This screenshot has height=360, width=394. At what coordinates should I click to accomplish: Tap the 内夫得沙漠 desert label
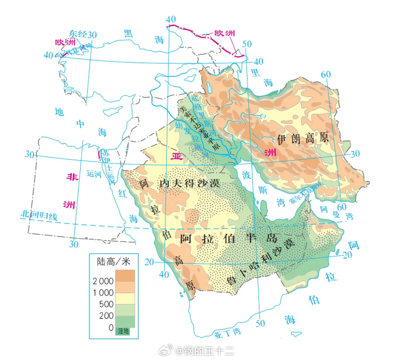point(188,183)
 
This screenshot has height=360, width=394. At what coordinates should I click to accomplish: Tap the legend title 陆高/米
point(114,261)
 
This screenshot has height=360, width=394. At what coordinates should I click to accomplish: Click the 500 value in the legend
point(106,304)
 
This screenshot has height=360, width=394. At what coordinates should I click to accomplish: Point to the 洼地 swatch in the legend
point(124,331)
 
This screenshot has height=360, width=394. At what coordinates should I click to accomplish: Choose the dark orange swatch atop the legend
point(125,275)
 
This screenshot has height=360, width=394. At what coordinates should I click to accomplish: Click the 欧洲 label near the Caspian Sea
point(224,34)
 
